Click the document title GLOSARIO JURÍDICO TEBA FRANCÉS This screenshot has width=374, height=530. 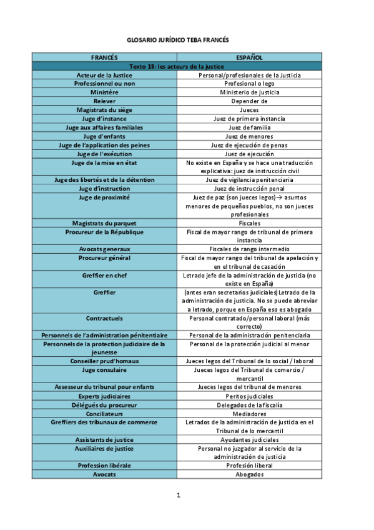tap(177, 40)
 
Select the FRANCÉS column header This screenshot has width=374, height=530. tap(104, 57)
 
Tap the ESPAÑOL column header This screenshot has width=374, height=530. tap(249, 57)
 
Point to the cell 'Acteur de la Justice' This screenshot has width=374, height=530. tap(104, 75)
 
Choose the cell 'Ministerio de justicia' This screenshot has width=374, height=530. tap(249, 92)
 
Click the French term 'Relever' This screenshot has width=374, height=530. tap(104, 101)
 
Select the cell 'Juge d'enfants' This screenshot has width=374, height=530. tap(104, 136)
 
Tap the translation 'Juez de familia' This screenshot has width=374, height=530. tap(249, 127)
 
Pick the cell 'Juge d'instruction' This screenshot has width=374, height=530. tap(104, 188)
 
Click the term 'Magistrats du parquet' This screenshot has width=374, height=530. tap(104, 222)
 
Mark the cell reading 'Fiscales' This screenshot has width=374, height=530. tap(249, 222)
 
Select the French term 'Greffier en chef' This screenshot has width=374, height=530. tap(104, 274)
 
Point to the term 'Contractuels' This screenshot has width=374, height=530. tap(104, 317)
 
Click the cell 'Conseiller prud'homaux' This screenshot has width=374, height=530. tap(104, 361)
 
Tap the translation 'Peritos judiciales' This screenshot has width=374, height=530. tap(249, 396)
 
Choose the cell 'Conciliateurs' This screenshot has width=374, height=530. tap(104, 413)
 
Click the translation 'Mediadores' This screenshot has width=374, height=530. tap(249, 413)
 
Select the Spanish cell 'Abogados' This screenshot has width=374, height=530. tap(249, 474)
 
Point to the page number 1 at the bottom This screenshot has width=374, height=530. tap(178, 496)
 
